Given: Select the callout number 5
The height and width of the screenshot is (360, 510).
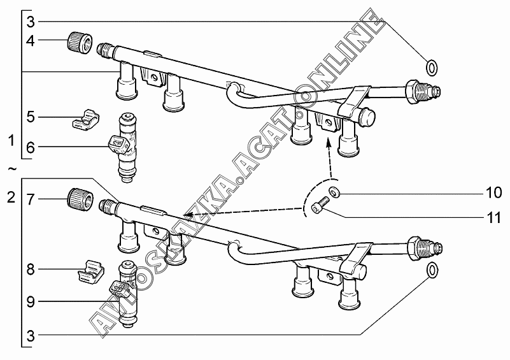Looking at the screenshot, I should (30, 117).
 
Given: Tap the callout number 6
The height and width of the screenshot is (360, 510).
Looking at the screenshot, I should (30, 147).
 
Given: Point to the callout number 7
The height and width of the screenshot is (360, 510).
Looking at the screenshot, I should (30, 199).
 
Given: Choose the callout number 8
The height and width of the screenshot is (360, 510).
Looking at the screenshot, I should (30, 269).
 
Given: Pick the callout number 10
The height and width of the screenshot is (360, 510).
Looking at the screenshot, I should (493, 192).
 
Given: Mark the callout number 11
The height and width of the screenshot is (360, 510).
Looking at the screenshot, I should (493, 218).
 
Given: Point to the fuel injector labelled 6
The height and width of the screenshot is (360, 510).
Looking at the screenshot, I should (125, 148).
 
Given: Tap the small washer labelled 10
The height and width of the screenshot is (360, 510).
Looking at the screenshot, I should (334, 192).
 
